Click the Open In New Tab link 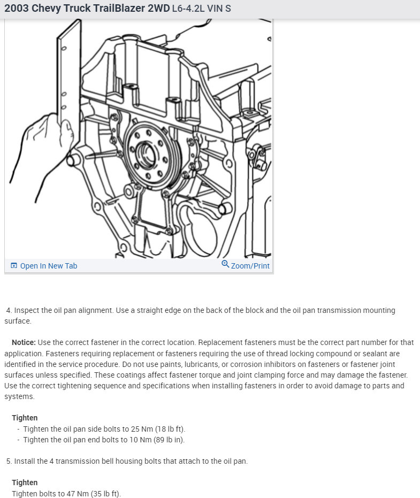pos(48,266)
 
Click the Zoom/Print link pos(250,266)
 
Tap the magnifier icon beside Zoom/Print pos(225,265)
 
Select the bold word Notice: pos(24,342)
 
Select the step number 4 pos(9,310)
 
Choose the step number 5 pos(9,461)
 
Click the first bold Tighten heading pos(25,418)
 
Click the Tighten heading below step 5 pos(25,482)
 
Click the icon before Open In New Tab pos(14,266)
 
